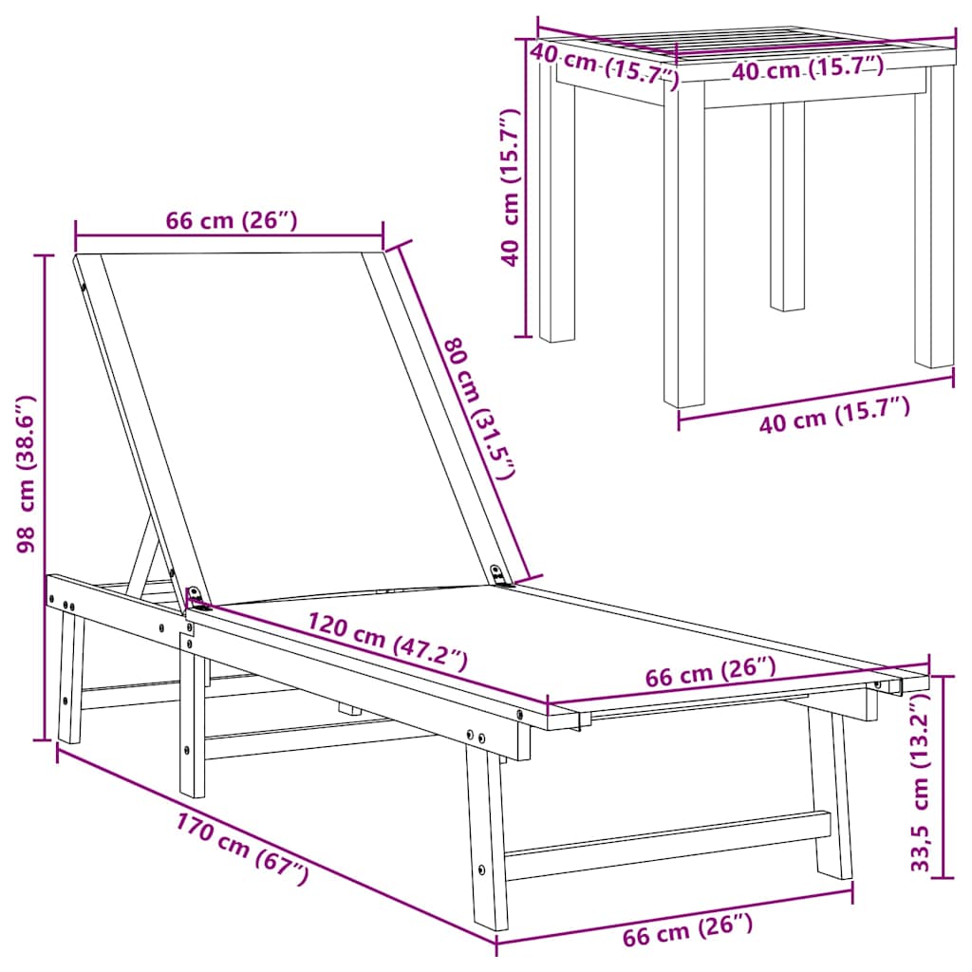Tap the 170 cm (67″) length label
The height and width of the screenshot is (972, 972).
coord(242,848)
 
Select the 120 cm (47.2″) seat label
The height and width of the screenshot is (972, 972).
coord(387,642)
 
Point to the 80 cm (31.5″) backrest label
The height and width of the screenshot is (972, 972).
coord(479,408)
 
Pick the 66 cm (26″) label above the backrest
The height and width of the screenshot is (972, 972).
coord(232,220)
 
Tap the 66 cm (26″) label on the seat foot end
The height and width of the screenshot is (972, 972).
coord(710,672)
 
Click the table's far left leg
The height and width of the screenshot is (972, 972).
coord(556,208)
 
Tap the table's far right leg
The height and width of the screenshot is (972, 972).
coord(934,217)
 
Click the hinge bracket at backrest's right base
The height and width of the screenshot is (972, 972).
coord(497,574)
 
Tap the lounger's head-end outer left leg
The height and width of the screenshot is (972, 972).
coord(70,676)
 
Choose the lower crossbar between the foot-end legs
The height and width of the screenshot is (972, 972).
coord(667,846)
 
